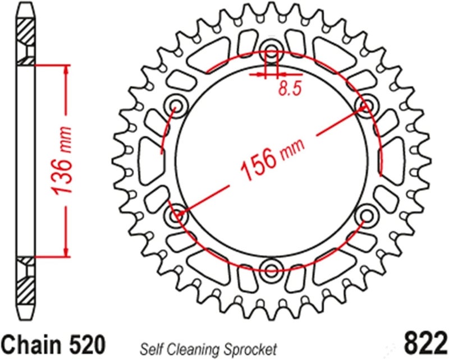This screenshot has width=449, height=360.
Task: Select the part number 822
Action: point(424,343)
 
